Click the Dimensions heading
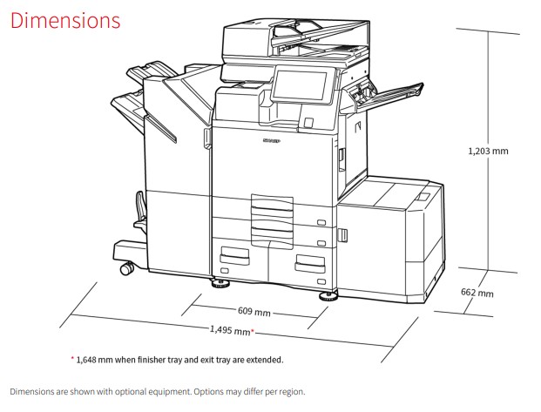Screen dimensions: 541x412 [65, 20]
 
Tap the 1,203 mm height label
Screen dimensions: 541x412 [488, 151]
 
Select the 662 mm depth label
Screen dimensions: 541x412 [477, 293]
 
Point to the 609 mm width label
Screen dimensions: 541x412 [254, 311]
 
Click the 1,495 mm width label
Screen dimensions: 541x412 [230, 330]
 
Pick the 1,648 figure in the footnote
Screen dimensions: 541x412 [86, 360]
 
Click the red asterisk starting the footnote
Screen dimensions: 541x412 [72, 359]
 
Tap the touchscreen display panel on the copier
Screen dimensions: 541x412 [300, 85]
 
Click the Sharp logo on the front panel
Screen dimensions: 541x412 [272, 141]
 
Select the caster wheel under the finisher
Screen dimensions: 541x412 [127, 268]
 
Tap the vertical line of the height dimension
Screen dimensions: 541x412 [488, 151]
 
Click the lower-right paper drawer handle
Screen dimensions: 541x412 [310, 264]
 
